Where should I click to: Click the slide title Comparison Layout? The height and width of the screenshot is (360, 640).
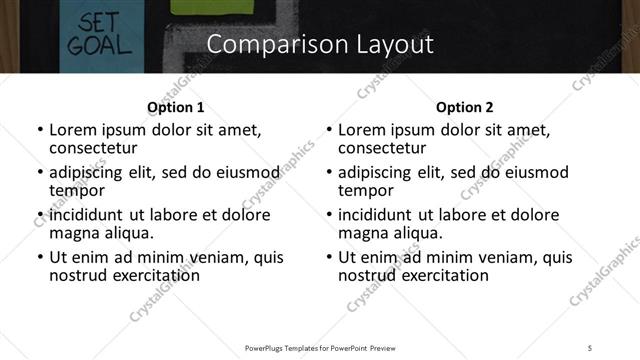pyautogui.click(x=320, y=45)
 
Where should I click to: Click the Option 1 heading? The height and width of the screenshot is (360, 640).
pyautogui.click(x=175, y=107)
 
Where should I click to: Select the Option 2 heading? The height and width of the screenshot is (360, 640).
pyautogui.click(x=464, y=107)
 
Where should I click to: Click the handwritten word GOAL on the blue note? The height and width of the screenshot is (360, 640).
pyautogui.click(x=95, y=44)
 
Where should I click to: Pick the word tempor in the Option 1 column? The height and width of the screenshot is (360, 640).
pyautogui.click(x=74, y=190)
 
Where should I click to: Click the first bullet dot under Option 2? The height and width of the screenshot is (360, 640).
pyautogui.click(x=329, y=131)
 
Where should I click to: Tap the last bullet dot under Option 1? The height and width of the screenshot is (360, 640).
pyautogui.click(x=40, y=258)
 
